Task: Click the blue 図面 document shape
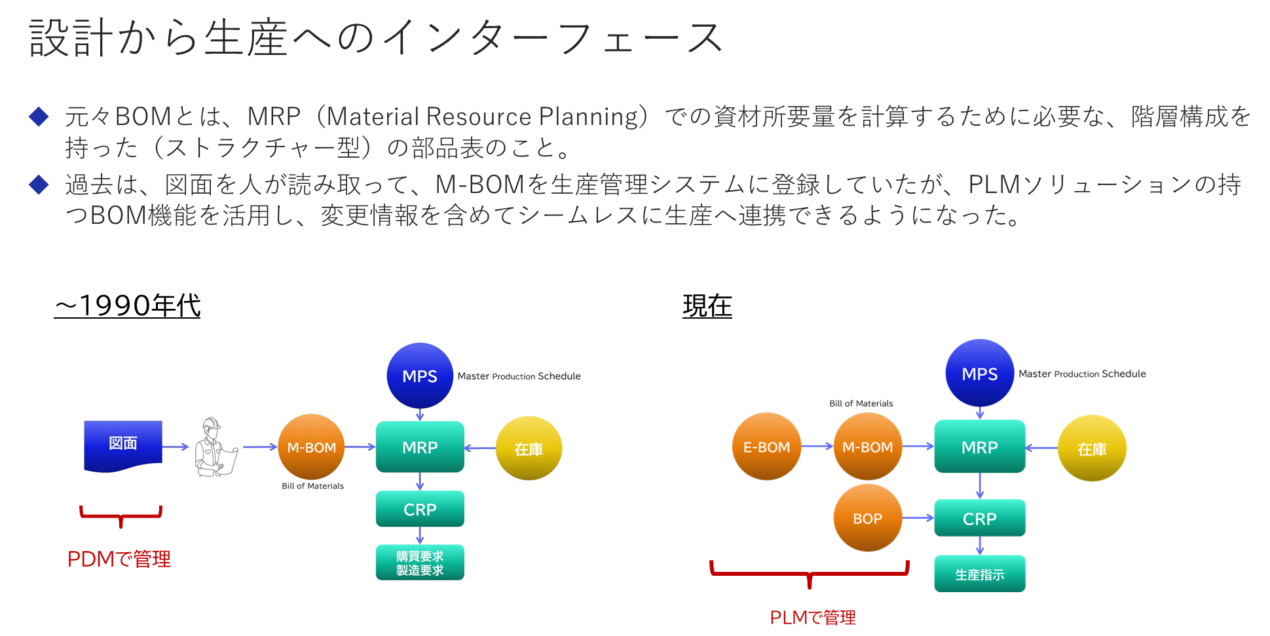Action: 123,444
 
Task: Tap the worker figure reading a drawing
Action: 215,448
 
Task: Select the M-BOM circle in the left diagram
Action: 311,448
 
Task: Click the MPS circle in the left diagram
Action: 420,376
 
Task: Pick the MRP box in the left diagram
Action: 420,448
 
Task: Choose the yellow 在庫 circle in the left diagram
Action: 529,449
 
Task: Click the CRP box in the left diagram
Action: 420,509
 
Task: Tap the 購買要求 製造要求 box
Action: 420,563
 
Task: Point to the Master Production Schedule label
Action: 519,376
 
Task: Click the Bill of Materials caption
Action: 312,486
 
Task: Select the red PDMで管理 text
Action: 119,559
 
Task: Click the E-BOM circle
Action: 766,447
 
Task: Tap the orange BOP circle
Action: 867,518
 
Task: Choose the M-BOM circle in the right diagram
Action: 867,447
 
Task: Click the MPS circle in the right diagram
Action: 979,374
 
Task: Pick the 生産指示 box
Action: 979,574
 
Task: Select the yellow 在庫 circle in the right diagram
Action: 1092,449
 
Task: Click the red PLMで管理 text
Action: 812,617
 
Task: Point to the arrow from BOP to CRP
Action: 918,518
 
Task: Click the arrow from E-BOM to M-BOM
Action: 817,446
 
